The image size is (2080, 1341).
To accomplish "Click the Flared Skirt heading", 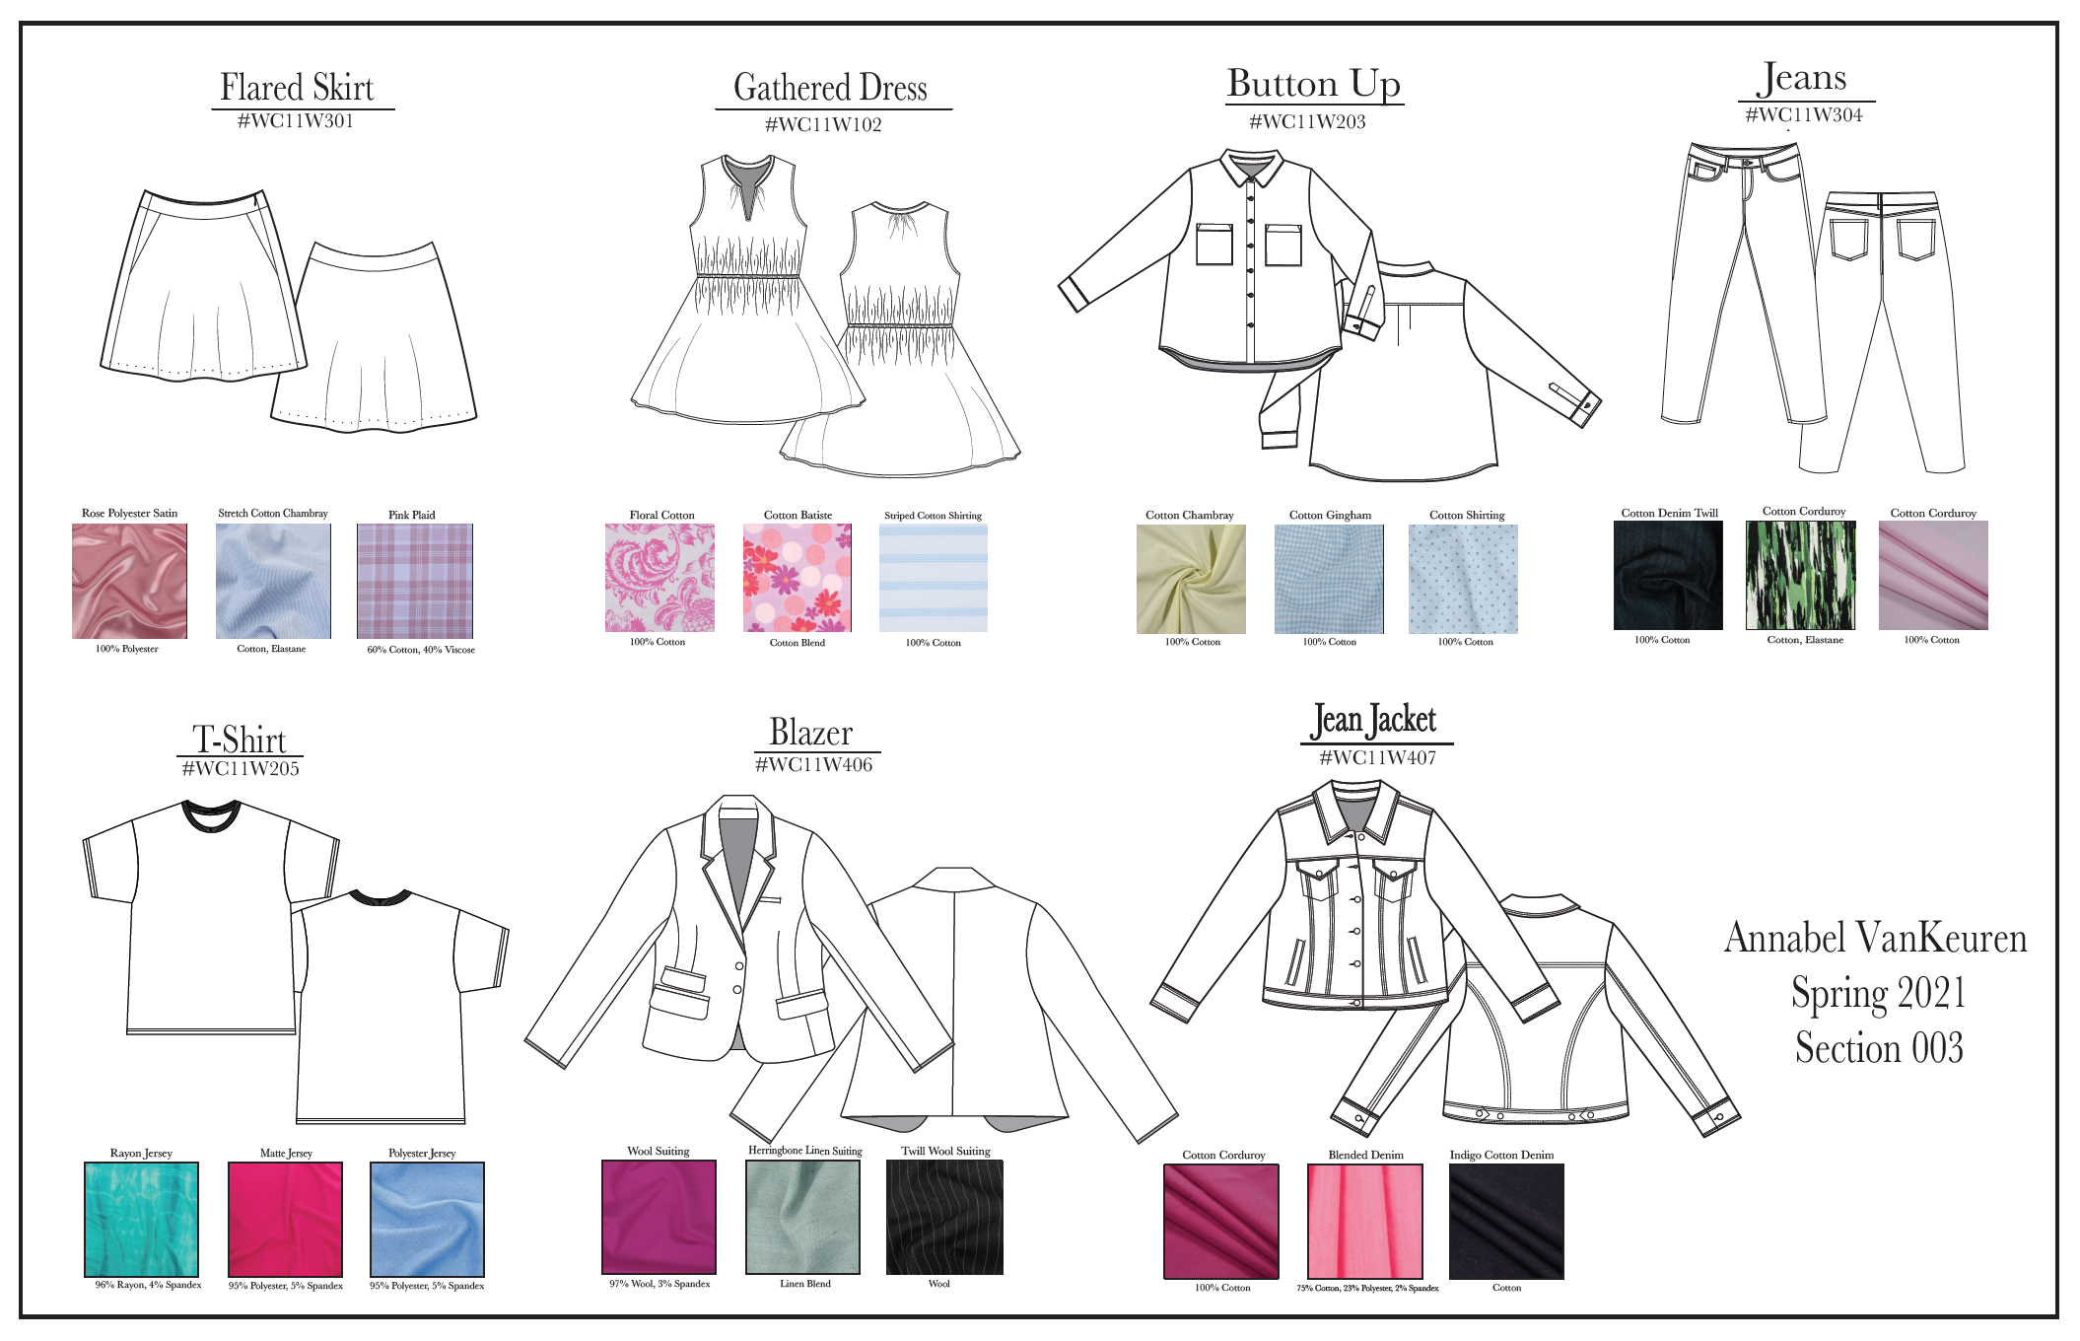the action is pyautogui.click(x=297, y=88).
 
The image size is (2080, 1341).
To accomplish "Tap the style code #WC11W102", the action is pyautogui.click(x=823, y=125).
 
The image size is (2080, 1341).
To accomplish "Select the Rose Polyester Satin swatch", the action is pyautogui.click(x=129, y=581).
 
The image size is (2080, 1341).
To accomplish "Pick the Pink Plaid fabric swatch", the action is pyautogui.click(x=415, y=581).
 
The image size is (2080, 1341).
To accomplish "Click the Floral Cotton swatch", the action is pyautogui.click(x=659, y=578).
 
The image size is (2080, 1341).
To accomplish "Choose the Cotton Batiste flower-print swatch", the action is pyautogui.click(x=797, y=578).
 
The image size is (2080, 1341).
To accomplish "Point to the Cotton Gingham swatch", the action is pyautogui.click(x=1329, y=579).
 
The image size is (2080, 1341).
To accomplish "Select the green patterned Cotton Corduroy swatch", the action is pyautogui.click(x=1801, y=576).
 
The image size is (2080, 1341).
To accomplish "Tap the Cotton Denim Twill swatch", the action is pyautogui.click(x=1668, y=576).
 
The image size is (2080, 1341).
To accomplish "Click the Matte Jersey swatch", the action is pyautogui.click(x=285, y=1220).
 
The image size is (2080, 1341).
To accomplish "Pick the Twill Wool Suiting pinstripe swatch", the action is pyautogui.click(x=944, y=1218).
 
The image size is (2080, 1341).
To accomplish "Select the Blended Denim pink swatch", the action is pyautogui.click(x=1365, y=1222).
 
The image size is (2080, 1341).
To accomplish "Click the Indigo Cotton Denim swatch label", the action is pyautogui.click(x=1501, y=1155).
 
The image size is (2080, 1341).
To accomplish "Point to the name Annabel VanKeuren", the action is pyautogui.click(x=1875, y=938).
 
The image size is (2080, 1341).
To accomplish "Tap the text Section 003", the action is pyautogui.click(x=1879, y=1048).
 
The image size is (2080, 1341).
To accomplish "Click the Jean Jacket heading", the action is pyautogui.click(x=1374, y=721).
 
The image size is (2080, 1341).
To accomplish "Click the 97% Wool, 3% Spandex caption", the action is pyautogui.click(x=659, y=1284).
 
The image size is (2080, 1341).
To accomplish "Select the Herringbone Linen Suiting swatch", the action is pyautogui.click(x=802, y=1218).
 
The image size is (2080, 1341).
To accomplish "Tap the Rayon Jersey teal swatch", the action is pyautogui.click(x=141, y=1220).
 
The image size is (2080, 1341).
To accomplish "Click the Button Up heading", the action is pyautogui.click(x=1313, y=84).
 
